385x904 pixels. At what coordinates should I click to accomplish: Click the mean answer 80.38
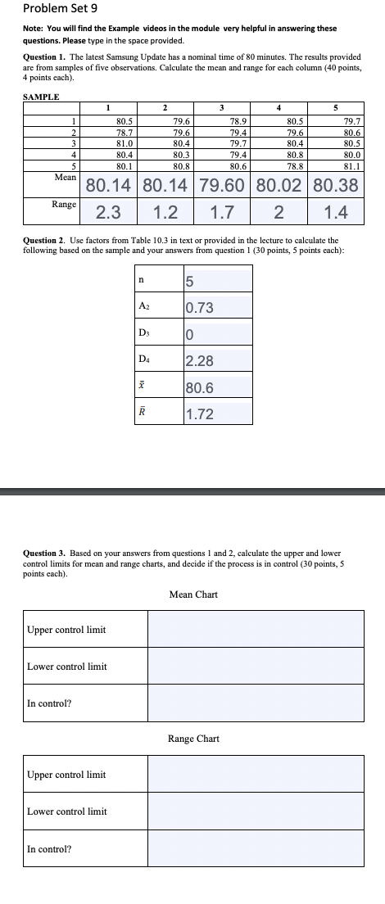coord(336,185)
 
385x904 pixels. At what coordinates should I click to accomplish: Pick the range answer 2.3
coord(108,213)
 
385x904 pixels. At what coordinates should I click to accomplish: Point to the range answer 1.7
coord(222,213)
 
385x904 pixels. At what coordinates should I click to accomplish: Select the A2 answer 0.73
coord(200,308)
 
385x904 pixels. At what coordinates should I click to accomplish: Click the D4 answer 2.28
coord(200,361)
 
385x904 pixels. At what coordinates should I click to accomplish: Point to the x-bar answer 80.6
coord(200,388)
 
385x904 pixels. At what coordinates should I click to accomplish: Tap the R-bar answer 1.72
coord(200,414)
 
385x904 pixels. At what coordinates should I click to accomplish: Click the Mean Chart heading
coord(193,594)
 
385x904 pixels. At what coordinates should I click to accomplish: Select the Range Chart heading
coord(193,739)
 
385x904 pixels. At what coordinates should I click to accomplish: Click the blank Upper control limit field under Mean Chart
coord(255,629)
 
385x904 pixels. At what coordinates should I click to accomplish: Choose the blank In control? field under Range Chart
coord(255,848)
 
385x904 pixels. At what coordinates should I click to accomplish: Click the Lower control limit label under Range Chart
coord(67,811)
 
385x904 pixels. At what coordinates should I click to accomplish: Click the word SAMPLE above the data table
coord(41,97)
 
